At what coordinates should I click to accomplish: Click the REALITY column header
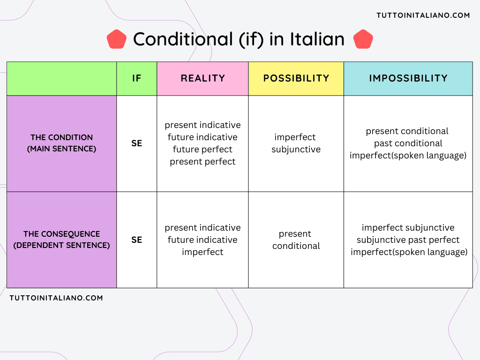click(202, 78)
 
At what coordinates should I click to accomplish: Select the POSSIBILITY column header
click(296, 78)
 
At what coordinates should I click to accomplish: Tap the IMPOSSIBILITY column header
click(408, 78)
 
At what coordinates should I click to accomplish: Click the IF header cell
click(136, 78)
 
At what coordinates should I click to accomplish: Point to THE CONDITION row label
click(61, 143)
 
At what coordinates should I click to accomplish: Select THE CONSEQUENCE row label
click(61, 239)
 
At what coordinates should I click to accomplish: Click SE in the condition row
click(136, 143)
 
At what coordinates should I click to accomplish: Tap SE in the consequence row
click(136, 240)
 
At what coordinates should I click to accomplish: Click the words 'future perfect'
click(202, 150)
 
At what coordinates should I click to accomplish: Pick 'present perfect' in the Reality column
click(202, 162)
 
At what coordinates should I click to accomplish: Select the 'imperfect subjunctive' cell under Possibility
click(296, 143)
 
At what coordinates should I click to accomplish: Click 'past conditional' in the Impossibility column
click(408, 143)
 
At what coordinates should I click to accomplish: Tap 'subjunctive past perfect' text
click(408, 240)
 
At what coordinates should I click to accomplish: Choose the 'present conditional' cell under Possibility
click(296, 240)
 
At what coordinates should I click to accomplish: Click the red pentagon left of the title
click(117, 39)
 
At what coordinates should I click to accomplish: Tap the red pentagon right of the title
click(363, 39)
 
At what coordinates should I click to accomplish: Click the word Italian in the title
click(317, 39)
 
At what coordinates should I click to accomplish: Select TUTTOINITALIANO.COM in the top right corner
click(423, 15)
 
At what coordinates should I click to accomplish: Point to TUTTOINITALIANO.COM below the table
click(56, 298)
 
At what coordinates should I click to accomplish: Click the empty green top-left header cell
click(61, 78)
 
